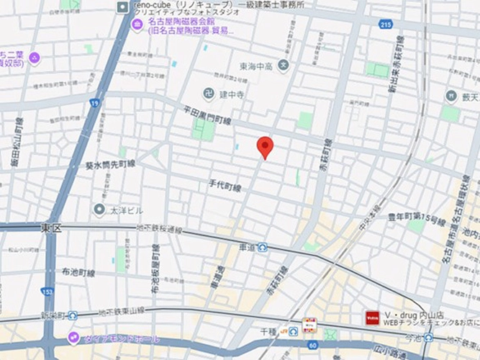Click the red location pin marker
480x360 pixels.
[x=266, y=146]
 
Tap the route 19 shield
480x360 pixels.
[x=95, y=103]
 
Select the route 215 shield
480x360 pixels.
[x=387, y=24]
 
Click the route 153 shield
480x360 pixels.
[x=47, y=292]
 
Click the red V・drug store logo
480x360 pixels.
[x=373, y=316]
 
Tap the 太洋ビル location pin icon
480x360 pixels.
[x=99, y=210]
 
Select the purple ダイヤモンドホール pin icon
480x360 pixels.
[x=73, y=337]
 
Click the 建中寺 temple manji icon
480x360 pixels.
[x=208, y=94]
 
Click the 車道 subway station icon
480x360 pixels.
[x=263, y=247]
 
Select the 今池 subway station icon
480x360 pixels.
[x=431, y=337]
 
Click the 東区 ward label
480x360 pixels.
[x=52, y=228]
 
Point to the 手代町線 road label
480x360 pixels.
[x=225, y=187]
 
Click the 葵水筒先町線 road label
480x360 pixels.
[x=110, y=165]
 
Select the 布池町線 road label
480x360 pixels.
[x=78, y=273]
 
